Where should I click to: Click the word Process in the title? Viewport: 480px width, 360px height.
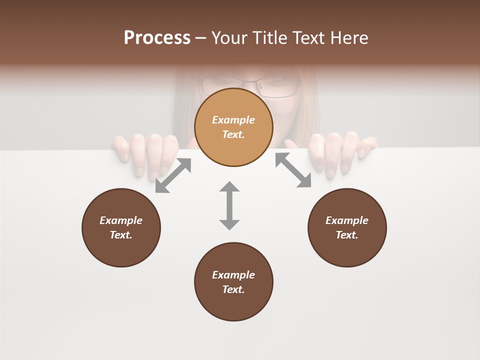coord(157,38)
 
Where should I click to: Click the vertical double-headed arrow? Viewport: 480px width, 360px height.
coord(229,205)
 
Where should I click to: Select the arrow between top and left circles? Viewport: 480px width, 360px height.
coord(173,175)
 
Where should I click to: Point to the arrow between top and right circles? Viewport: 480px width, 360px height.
coord(293,170)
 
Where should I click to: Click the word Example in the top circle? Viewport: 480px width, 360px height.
coord(233,120)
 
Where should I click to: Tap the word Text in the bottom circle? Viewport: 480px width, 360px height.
coord(233,289)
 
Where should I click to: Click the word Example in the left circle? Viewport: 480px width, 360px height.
coord(121,220)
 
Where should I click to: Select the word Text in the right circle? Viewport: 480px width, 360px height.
coord(347,235)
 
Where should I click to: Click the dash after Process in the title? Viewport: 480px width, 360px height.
coord(201,38)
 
